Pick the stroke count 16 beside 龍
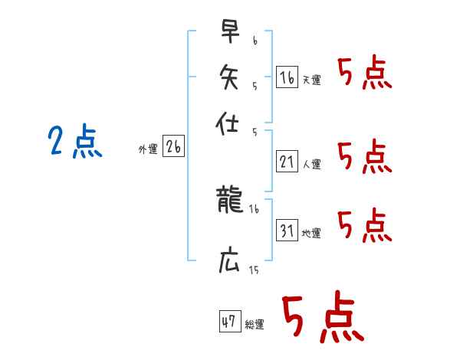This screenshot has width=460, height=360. [254, 209]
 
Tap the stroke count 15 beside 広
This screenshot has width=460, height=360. [254, 270]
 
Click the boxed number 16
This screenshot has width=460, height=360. [287, 77]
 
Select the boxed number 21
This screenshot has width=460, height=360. [287, 161]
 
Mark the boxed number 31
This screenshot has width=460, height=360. [287, 230]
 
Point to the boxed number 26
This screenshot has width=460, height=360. [173, 148]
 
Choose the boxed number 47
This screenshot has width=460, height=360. [228, 321]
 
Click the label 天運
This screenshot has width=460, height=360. [311, 80]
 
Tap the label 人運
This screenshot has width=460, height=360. [311, 163]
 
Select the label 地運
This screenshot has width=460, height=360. [311, 233]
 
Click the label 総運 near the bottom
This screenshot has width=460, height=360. [254, 324]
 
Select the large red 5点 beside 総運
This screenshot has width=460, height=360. [321, 317]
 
